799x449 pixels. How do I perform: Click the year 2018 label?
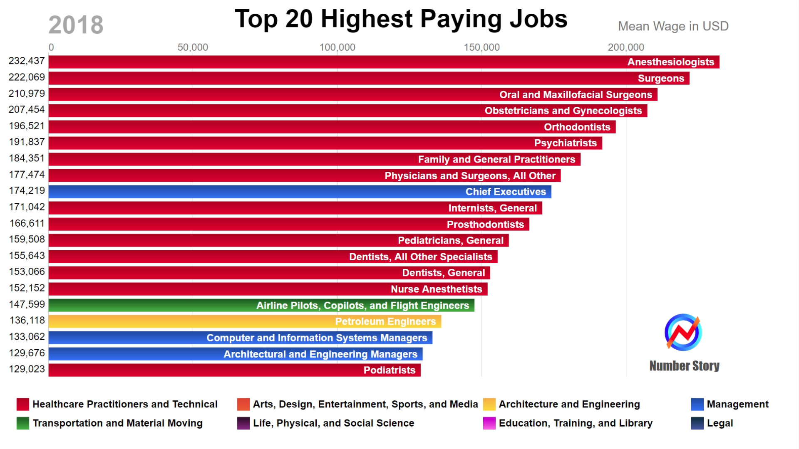click(x=76, y=25)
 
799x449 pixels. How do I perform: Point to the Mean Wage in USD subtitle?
click(x=673, y=26)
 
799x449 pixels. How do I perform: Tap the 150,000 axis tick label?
click(x=481, y=47)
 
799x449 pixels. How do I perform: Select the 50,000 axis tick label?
click(x=193, y=47)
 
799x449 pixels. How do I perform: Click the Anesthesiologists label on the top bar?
click(x=670, y=62)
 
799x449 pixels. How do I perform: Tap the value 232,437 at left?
click(x=27, y=61)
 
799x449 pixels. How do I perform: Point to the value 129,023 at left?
click(x=27, y=369)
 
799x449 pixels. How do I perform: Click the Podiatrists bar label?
click(x=389, y=370)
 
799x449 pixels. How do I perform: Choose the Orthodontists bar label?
click(x=577, y=127)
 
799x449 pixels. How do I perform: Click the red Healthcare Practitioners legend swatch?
click(x=23, y=404)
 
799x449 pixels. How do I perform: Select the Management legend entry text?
click(x=737, y=404)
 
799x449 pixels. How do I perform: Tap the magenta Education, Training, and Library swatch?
click(x=489, y=423)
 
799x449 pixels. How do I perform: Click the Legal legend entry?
click(x=720, y=423)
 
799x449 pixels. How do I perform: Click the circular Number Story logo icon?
click(x=683, y=333)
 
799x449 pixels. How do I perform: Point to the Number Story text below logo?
click(x=684, y=366)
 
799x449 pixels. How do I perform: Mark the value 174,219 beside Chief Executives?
click(x=27, y=191)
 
